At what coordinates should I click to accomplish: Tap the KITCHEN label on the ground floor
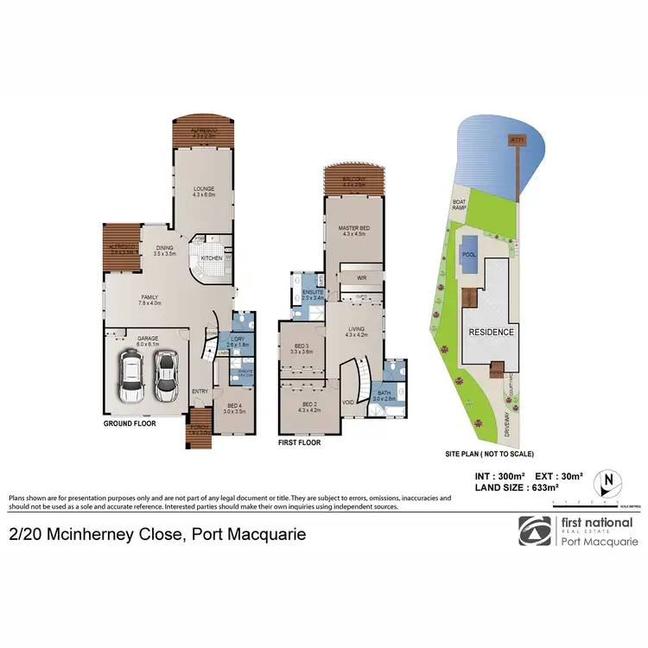(211, 257)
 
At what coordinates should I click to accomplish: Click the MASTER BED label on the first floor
(355, 228)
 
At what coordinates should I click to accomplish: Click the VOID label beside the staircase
(348, 402)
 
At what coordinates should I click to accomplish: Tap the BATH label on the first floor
(384, 394)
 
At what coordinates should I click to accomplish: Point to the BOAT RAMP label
(459, 206)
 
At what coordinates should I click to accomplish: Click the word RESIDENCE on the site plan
(492, 332)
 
